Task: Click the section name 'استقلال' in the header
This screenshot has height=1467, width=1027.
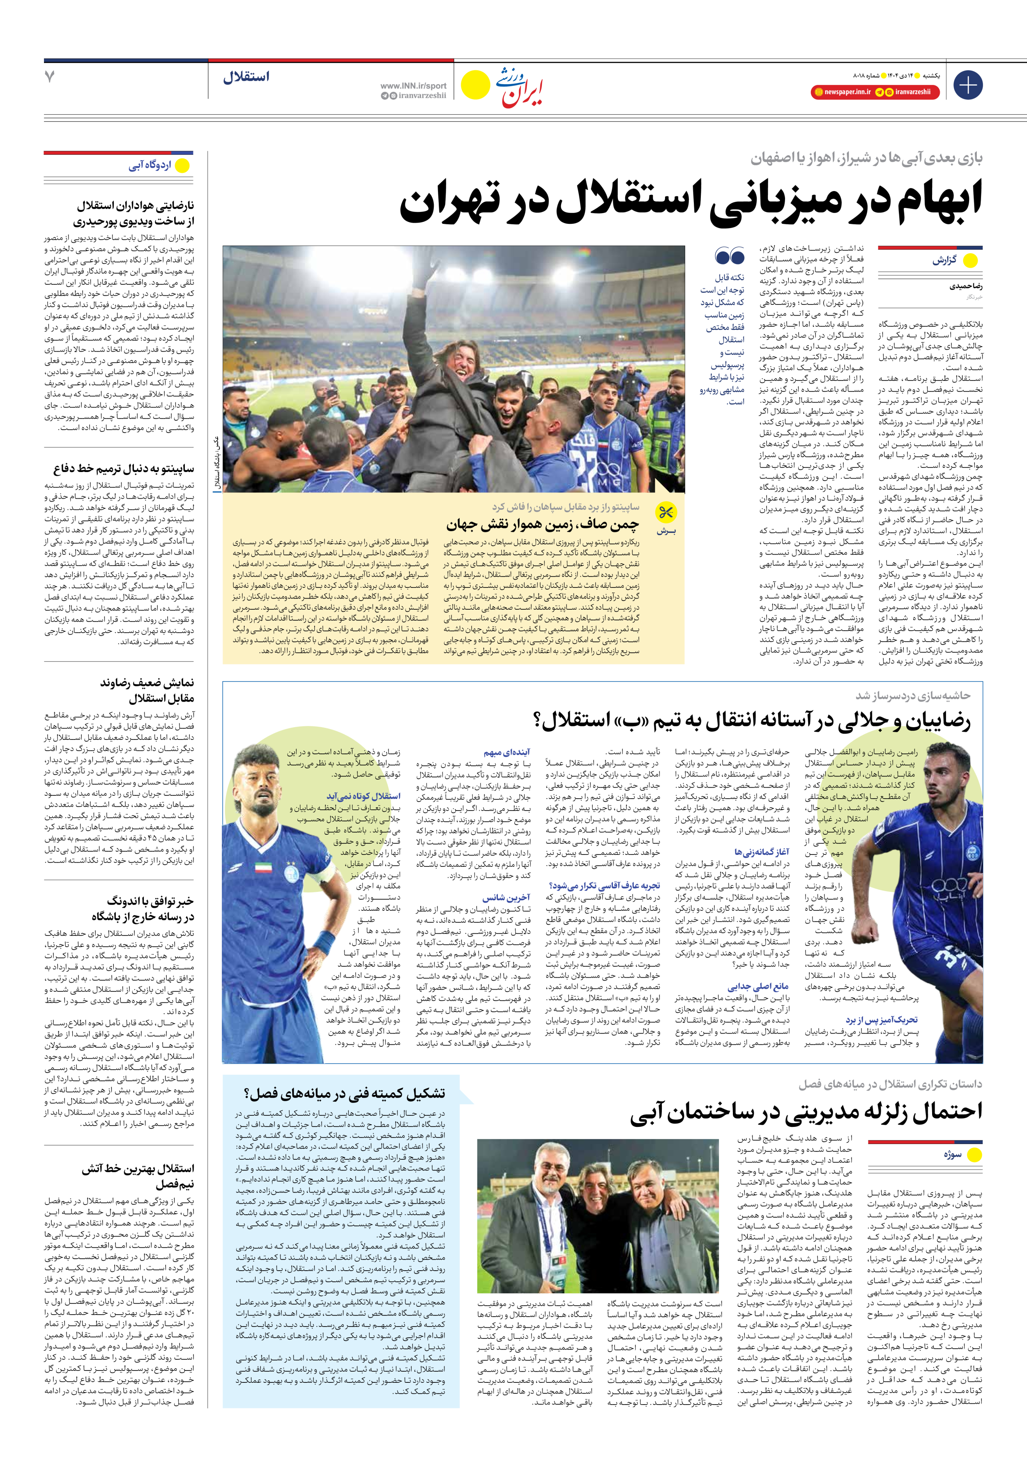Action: pos(246,77)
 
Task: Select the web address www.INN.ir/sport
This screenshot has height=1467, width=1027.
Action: pos(413,85)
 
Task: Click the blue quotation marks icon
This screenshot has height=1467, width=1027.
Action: pos(730,257)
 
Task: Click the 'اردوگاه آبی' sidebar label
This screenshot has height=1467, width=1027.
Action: pos(150,166)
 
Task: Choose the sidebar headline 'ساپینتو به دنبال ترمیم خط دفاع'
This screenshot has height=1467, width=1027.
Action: pos(123,468)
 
